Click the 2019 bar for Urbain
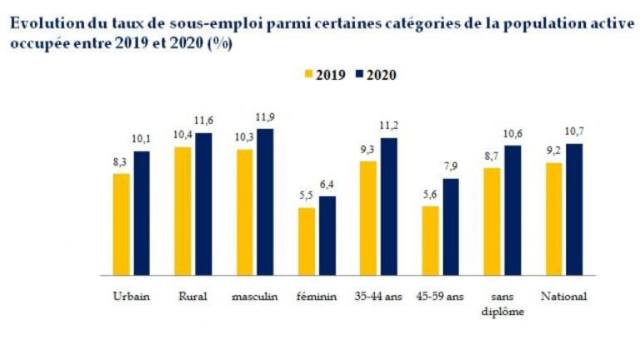tap(122, 223)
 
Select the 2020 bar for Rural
tap(203, 203)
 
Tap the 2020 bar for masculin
tap(265, 202)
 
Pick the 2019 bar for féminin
tap(307, 241)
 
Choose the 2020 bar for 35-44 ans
tap(389, 206)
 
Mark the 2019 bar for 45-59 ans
tap(430, 240)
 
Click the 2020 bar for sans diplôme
tap(512, 210)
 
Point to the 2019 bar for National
tap(553, 218)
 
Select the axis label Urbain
tap(131, 297)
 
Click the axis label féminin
tap(317, 297)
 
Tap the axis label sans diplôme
tap(502, 303)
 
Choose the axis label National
tap(564, 297)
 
